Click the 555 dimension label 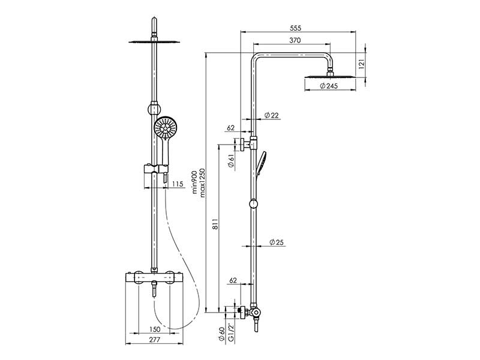click(295, 28)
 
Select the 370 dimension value click(295, 40)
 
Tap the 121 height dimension click(362, 65)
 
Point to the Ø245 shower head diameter click(329, 86)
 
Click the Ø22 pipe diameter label click(271, 115)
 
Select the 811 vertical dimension click(215, 224)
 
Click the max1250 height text click(202, 182)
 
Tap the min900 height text click(194, 182)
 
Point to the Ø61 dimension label click(231, 161)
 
